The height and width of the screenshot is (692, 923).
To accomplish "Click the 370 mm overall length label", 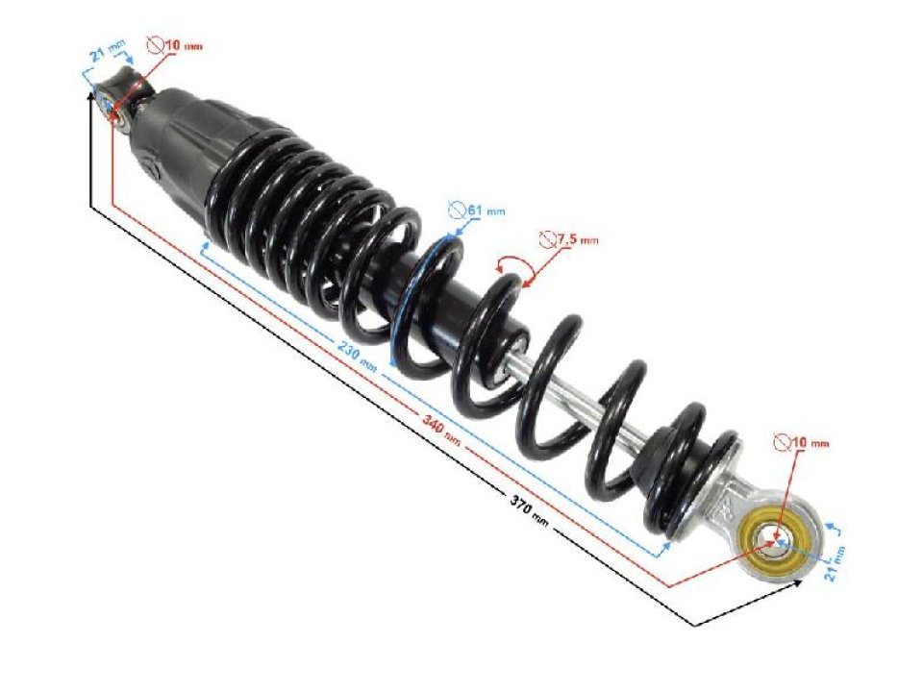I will (528, 508).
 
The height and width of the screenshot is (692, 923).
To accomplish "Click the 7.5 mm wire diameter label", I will (576, 240).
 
